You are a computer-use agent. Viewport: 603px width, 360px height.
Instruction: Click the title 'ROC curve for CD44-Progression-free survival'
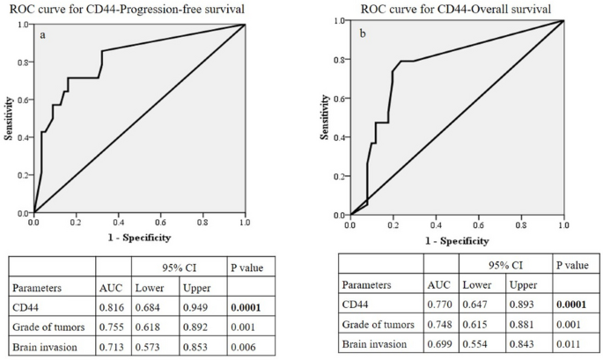136,9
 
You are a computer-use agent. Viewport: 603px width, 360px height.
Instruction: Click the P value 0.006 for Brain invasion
240,346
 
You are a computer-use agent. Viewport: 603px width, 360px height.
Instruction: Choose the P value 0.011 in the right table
568,346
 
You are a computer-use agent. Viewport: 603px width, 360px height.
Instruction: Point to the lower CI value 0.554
478,346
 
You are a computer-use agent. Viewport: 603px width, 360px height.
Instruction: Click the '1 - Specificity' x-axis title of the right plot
455,240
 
